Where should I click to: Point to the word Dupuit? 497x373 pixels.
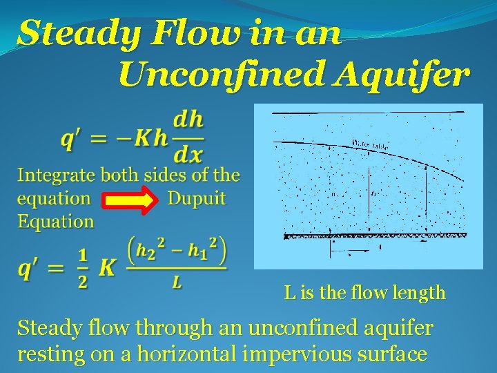click(197, 199)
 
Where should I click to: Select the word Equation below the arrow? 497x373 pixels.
click(56, 222)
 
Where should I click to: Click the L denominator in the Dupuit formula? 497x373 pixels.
click(177, 283)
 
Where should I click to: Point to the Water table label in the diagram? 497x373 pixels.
click(371, 144)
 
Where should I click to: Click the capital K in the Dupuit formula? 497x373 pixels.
click(107, 268)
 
